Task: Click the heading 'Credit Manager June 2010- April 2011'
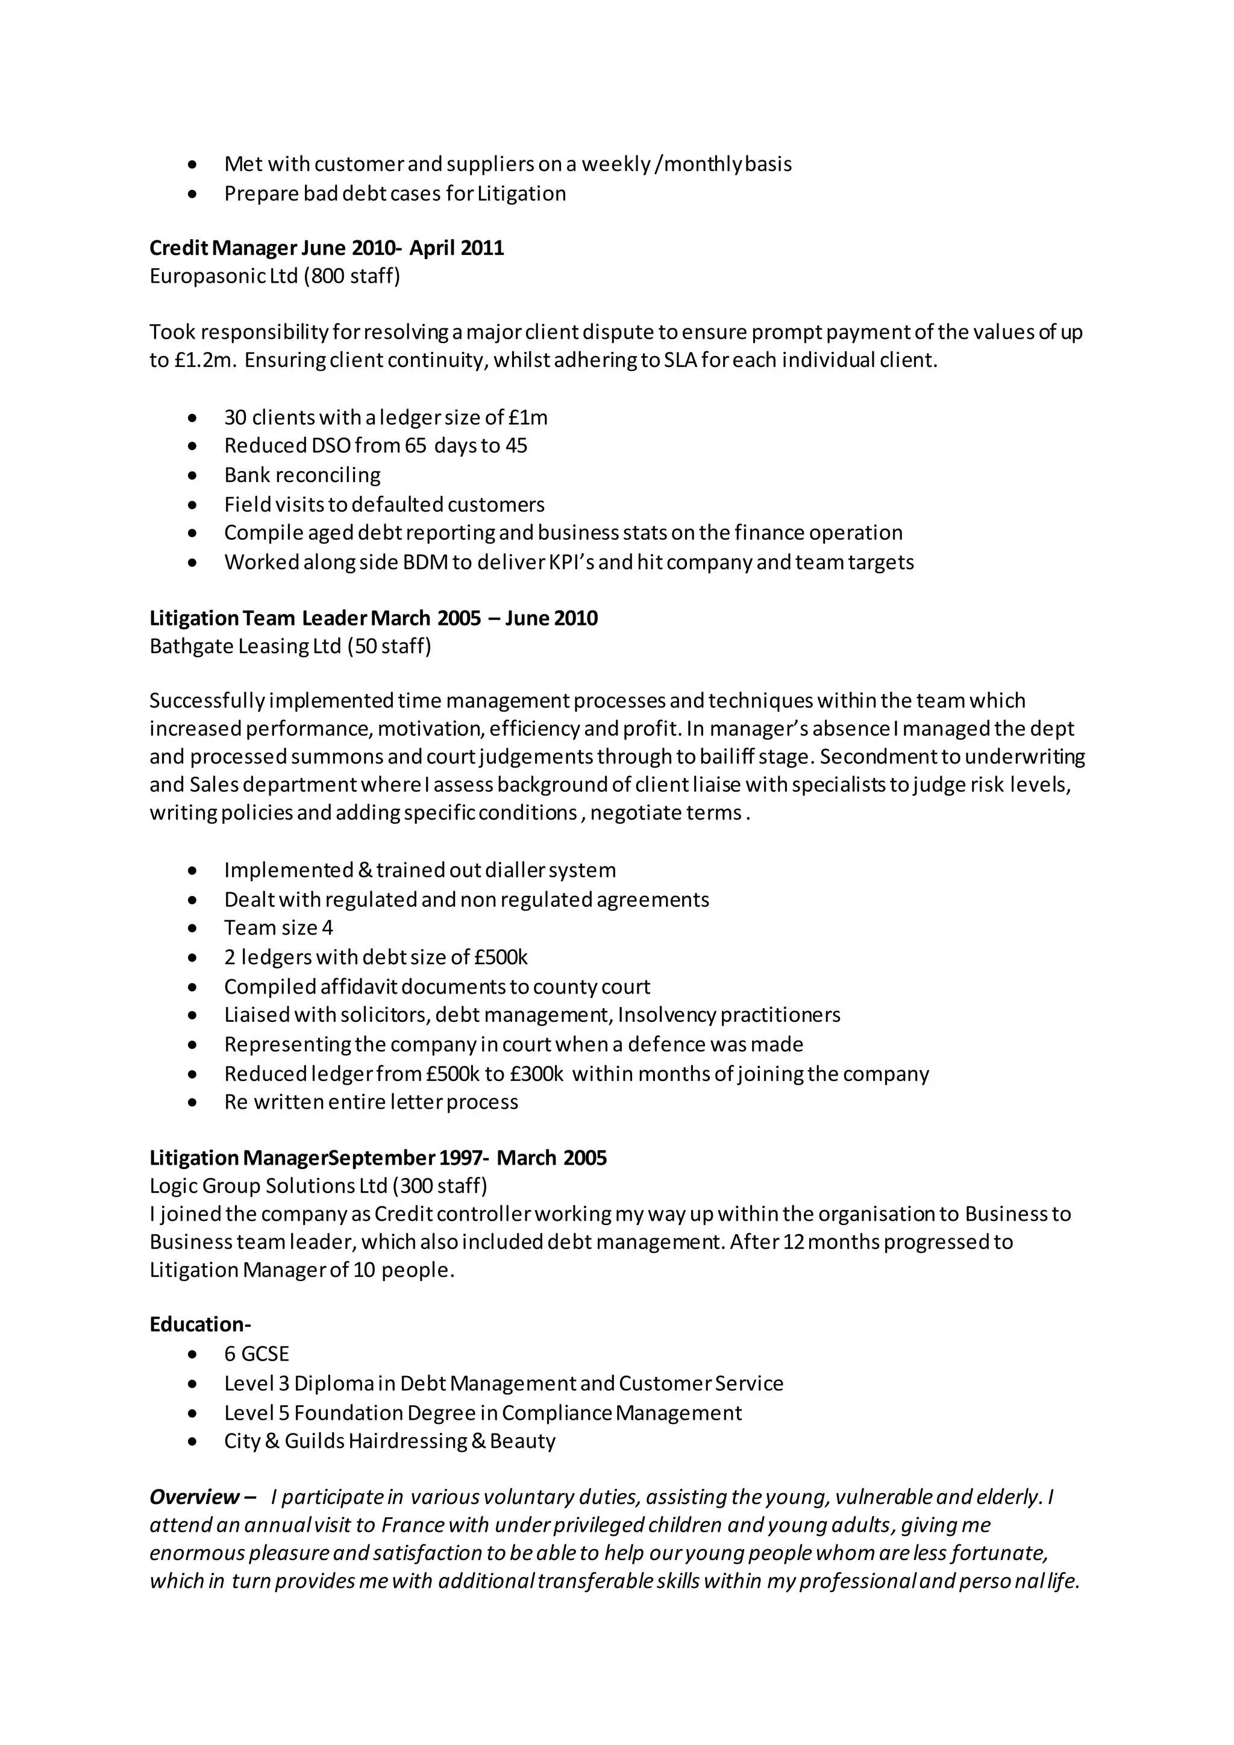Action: tap(326, 248)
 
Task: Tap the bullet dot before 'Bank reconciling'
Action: tap(194, 476)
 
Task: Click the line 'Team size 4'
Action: tap(278, 928)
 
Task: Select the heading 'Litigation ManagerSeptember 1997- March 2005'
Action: tap(378, 1158)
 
